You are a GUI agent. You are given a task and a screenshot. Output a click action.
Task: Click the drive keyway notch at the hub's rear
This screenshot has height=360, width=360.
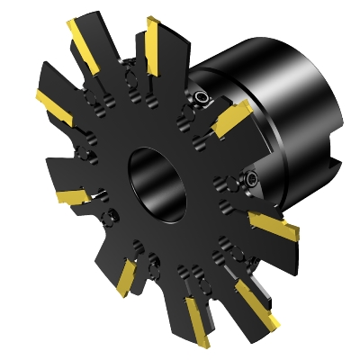pos(335,165)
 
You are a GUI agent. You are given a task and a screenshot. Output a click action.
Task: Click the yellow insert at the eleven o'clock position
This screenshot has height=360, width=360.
pos(85,44)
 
